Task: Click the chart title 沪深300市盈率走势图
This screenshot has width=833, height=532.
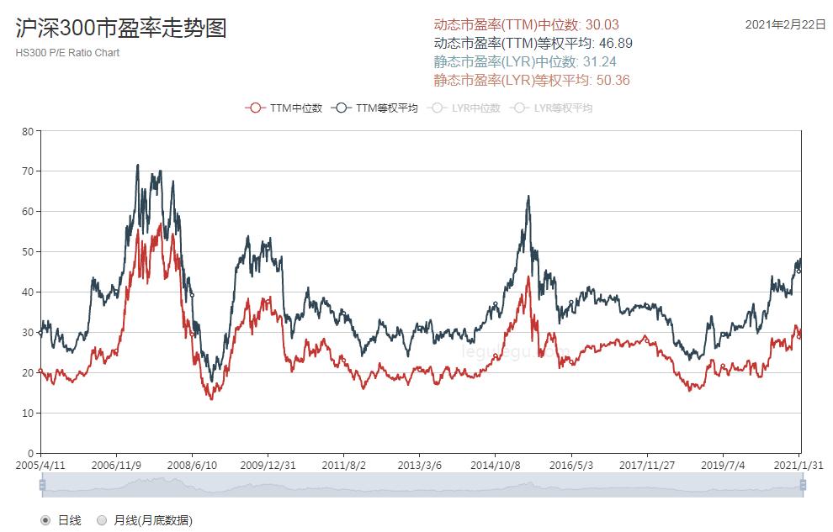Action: pos(121,29)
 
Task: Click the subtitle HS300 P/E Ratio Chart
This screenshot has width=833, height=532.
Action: pos(67,53)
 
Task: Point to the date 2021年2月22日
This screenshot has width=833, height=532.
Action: pos(786,24)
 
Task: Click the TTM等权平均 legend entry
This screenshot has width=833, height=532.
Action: pos(375,108)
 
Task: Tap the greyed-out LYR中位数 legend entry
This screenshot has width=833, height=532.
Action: pos(464,108)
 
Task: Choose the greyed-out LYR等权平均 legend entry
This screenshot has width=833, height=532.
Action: pos(553,108)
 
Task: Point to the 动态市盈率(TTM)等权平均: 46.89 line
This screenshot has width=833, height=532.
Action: pos(533,43)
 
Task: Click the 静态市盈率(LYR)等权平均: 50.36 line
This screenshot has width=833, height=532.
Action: pos(533,80)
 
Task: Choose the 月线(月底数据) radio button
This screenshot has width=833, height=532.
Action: pos(102,520)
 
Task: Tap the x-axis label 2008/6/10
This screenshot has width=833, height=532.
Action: pos(192,465)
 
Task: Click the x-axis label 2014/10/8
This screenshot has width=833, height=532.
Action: pos(496,465)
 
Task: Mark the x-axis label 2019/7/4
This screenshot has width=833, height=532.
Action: pos(724,465)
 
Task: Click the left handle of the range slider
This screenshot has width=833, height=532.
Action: pos(41,485)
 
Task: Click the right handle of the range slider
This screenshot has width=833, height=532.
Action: pos(803,485)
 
